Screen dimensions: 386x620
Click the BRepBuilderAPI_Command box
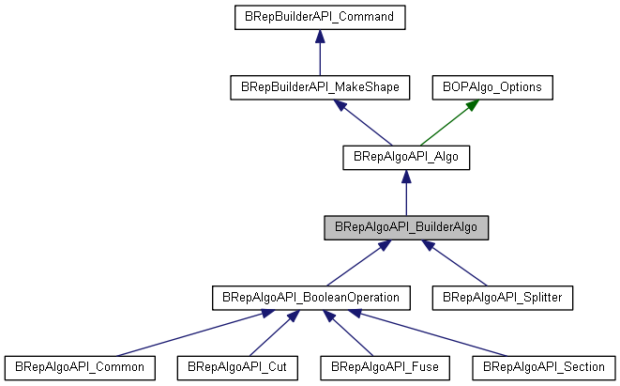(320, 17)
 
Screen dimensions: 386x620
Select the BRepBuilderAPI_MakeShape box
(320, 87)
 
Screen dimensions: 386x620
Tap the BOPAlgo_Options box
(492, 87)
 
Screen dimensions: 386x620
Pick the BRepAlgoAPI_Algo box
(406, 157)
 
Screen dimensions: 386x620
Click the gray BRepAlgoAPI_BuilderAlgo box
(406, 227)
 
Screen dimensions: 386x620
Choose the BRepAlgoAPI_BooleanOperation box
(310, 297)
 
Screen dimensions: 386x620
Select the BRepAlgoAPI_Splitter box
(502, 297)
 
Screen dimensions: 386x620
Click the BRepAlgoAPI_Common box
(79, 366)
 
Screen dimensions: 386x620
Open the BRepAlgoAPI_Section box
(545, 366)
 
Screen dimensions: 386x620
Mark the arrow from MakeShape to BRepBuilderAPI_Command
(320, 53)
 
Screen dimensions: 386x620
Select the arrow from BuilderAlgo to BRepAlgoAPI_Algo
(406, 193)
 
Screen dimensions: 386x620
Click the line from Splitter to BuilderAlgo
(460, 264)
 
